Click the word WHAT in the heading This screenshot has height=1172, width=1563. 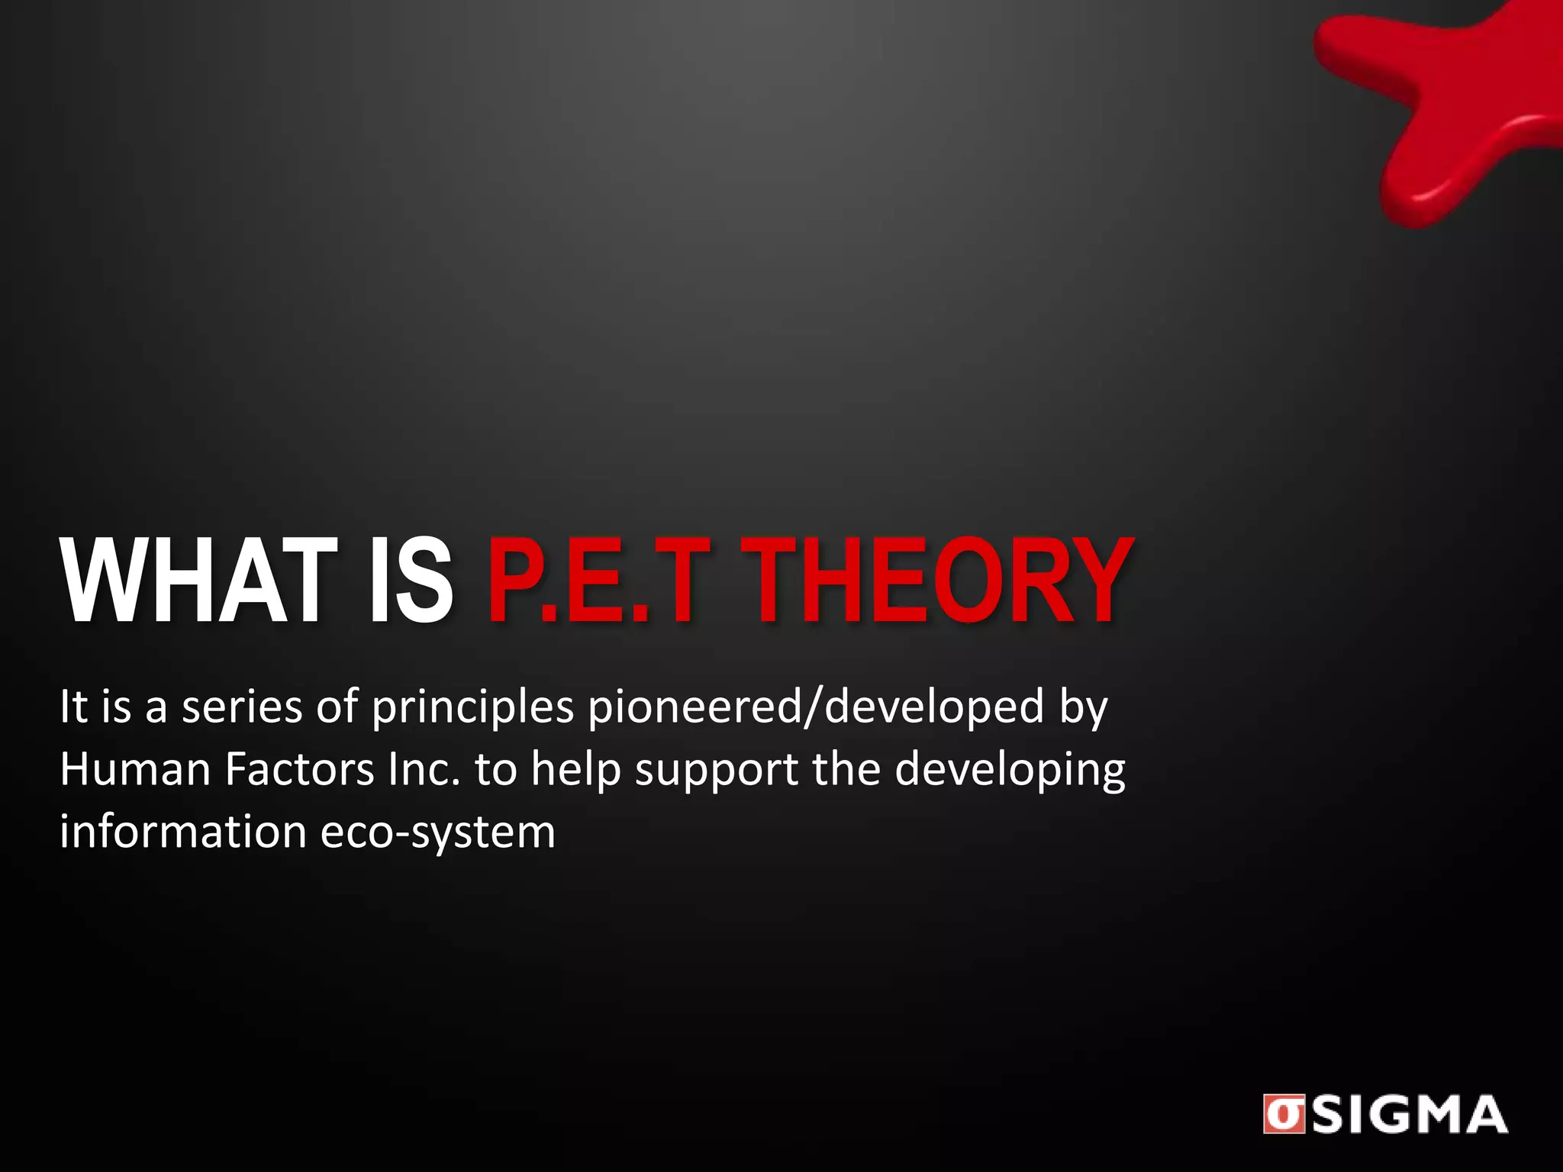click(x=200, y=581)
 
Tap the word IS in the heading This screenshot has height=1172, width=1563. click(x=411, y=581)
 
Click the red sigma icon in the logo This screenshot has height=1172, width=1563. click(x=1283, y=1115)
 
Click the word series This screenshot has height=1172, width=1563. click(x=242, y=707)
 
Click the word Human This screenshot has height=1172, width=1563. click(x=135, y=769)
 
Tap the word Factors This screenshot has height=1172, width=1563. click(x=300, y=769)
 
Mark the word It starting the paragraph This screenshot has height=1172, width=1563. click(x=73, y=707)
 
